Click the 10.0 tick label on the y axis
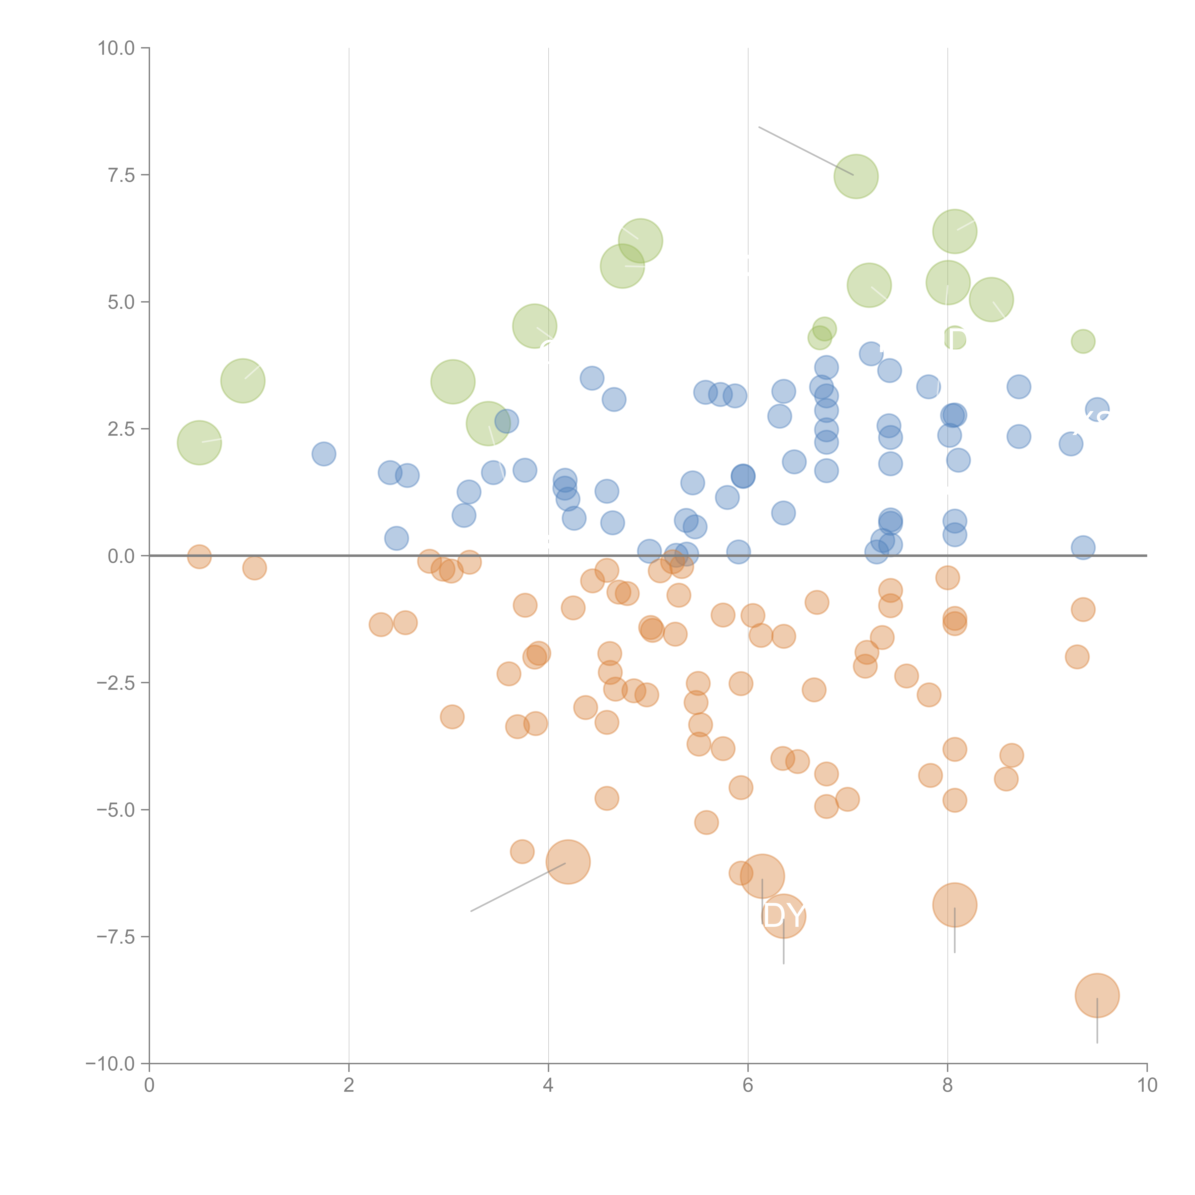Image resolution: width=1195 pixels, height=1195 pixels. point(116,48)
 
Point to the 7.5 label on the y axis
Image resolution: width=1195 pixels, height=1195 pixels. point(121,175)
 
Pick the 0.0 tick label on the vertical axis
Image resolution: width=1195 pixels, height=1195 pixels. point(121,556)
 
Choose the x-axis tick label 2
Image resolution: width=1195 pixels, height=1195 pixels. point(349,1086)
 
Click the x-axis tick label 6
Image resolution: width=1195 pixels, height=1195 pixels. point(748,1086)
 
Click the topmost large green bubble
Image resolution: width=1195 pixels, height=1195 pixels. point(856,176)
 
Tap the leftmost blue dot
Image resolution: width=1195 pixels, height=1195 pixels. point(324,454)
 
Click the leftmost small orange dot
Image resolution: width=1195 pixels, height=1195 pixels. point(199,557)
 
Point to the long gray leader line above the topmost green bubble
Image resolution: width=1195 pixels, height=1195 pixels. point(804,150)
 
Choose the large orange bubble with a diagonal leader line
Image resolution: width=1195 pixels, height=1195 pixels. point(568,862)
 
